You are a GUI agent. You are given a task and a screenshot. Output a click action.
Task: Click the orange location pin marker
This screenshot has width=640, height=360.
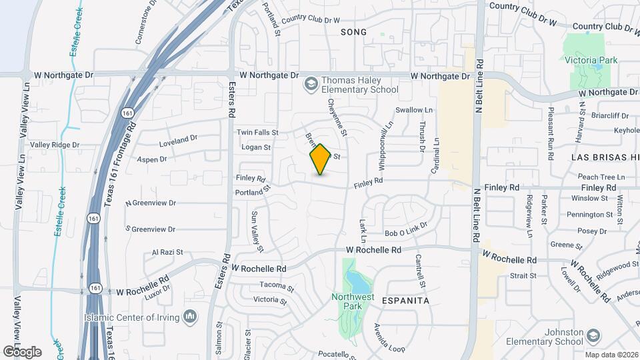coord(321,159)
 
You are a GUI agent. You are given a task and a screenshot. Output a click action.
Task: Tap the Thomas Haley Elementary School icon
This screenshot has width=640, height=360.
coord(310,84)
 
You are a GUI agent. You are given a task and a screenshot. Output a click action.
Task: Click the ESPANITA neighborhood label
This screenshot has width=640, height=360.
coord(405,301)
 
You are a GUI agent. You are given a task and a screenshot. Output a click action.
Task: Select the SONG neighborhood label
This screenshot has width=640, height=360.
coord(353,31)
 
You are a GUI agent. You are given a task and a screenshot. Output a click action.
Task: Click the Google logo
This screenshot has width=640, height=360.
coord(22,351)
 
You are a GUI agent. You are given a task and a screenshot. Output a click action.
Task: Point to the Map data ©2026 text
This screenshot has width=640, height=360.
coord(611,355)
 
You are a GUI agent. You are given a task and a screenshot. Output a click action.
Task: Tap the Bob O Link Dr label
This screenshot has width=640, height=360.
coord(405,232)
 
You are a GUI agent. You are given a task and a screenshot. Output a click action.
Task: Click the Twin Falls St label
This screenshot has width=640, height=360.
coord(257,133)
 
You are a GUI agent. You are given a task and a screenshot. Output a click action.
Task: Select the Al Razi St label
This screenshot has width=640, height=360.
coord(167,253)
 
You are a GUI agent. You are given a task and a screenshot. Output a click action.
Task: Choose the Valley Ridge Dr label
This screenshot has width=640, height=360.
coord(55,145)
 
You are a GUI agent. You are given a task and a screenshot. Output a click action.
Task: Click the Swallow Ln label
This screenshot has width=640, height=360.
coord(414,110)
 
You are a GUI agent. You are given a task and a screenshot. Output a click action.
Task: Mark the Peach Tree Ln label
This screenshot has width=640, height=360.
coord(601,177)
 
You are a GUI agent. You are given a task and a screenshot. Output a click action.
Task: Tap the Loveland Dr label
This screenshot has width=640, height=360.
coord(179,141)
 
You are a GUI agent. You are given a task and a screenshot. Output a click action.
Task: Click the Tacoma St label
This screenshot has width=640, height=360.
coord(277,287)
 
